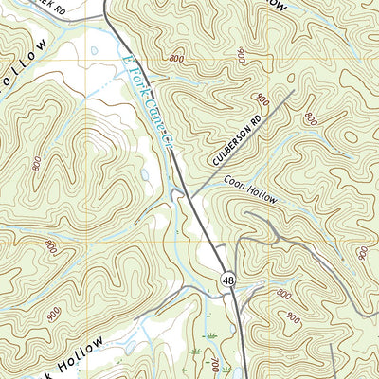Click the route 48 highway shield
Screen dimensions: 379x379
(228, 279)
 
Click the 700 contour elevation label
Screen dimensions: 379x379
(218, 366)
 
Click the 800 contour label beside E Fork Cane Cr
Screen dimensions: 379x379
(176, 59)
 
